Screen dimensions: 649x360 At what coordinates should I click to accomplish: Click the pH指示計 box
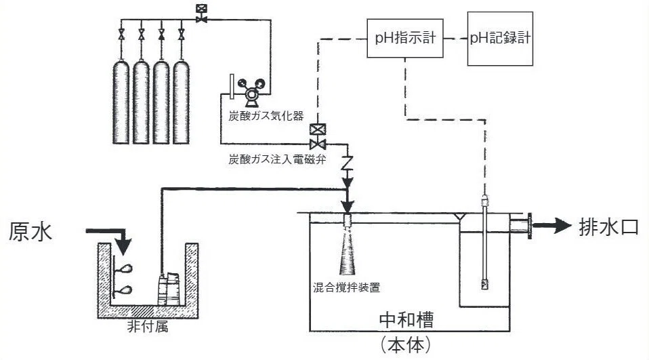[405, 38]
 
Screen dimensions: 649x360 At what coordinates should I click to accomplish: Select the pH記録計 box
[500, 39]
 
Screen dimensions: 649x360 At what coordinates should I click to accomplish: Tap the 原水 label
[30, 231]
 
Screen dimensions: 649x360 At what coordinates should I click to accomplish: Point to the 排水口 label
[608, 227]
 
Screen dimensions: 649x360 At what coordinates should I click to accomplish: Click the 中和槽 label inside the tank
[406, 319]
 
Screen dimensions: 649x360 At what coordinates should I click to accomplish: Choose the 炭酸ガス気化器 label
[266, 115]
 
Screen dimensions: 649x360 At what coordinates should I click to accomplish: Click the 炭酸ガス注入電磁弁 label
[277, 159]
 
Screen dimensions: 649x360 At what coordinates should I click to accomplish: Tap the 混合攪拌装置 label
[346, 287]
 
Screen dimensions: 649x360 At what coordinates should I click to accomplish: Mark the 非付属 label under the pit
[148, 327]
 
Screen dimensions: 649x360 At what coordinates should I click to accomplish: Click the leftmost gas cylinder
[121, 102]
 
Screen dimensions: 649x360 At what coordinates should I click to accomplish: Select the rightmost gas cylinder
[182, 102]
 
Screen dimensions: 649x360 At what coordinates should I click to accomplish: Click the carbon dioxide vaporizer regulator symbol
[251, 92]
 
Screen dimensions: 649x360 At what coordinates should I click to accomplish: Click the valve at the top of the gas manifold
[202, 14]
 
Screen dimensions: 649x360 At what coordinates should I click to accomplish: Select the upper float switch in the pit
[124, 270]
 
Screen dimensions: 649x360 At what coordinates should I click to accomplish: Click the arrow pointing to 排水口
[552, 225]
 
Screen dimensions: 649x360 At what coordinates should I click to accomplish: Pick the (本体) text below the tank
[406, 344]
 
